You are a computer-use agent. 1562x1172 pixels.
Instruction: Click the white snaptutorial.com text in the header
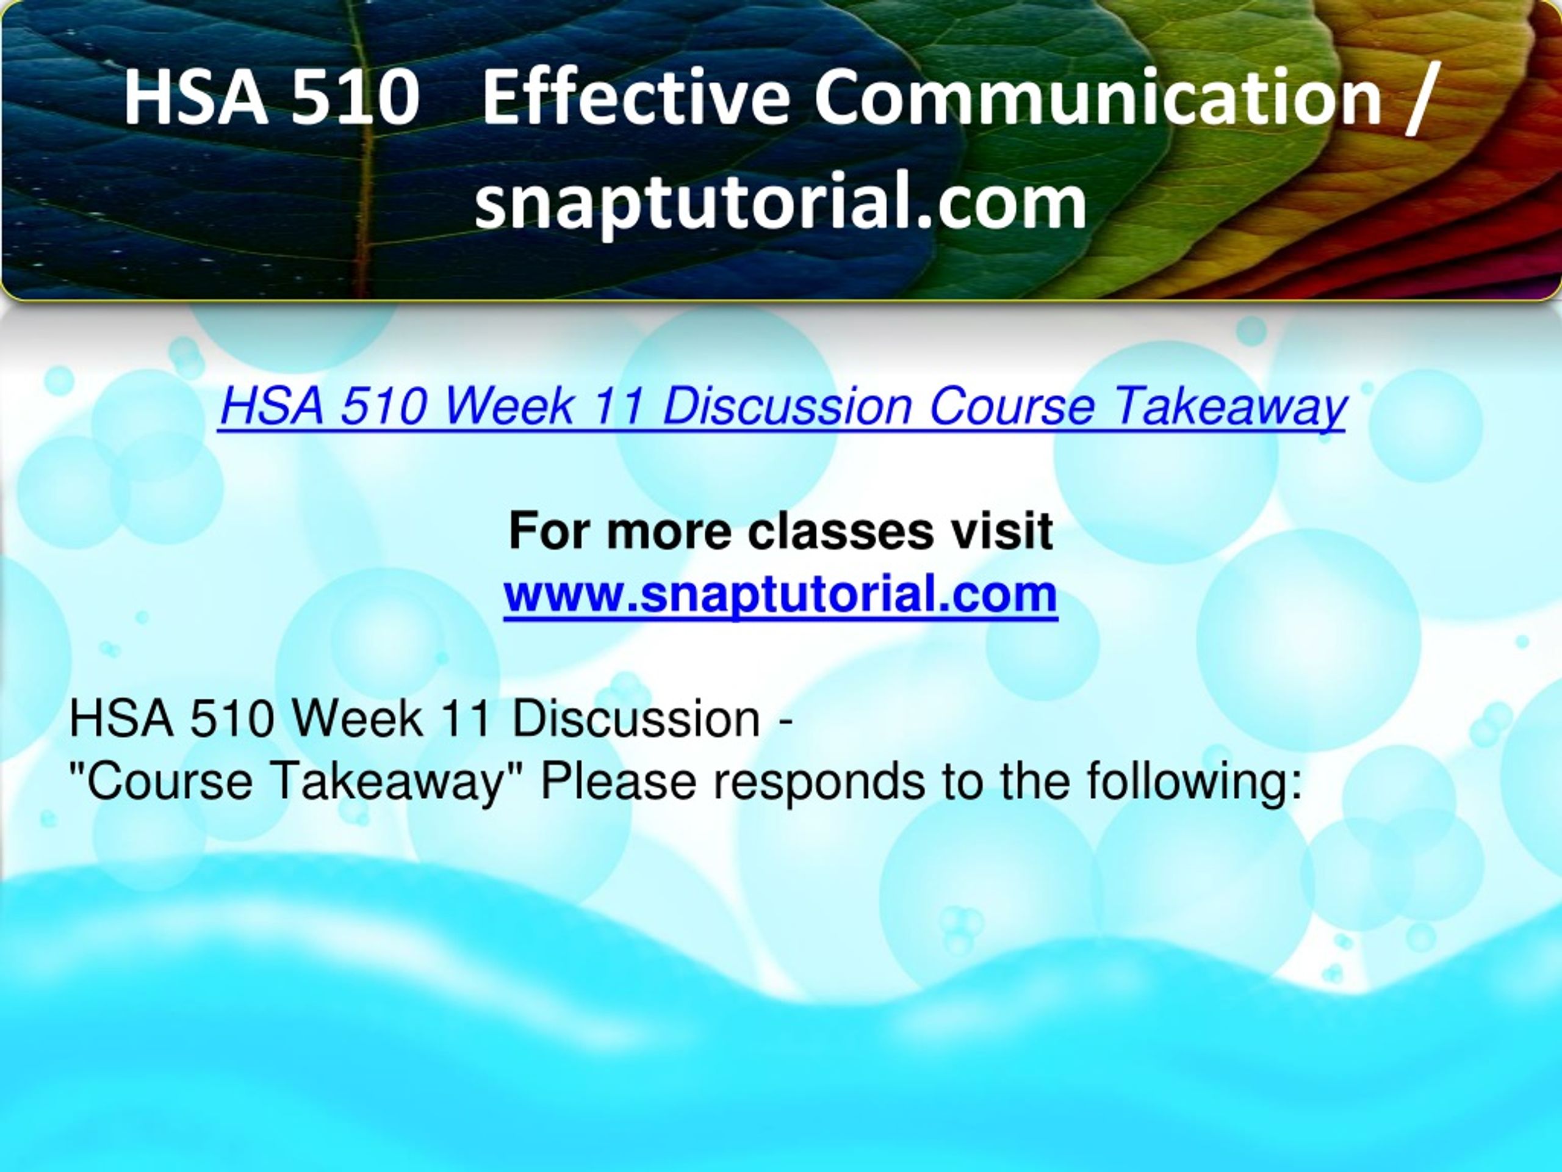point(780,203)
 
